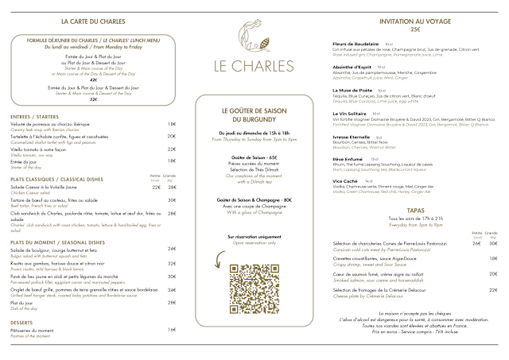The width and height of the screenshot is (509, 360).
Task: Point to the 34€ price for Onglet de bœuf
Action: pyautogui.click(x=172, y=290)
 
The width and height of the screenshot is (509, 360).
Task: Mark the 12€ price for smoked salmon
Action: pyautogui.click(x=494, y=274)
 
